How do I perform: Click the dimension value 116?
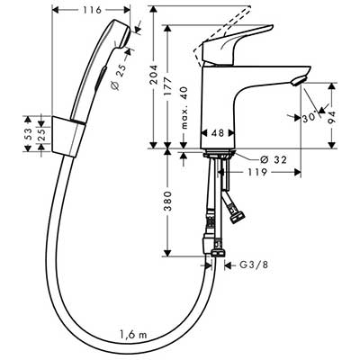point(92,10)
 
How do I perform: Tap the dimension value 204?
point(154,75)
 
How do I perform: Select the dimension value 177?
point(168,86)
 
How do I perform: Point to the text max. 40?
point(184,108)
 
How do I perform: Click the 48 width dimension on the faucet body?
point(218,132)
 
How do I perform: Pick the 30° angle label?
point(310,117)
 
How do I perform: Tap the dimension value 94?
point(331,117)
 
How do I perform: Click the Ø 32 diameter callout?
point(274,159)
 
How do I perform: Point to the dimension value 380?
point(168,201)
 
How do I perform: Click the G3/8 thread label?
point(254,265)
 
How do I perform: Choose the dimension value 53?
point(27,134)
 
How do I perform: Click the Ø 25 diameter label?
point(119,76)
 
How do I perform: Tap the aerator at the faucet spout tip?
point(299,81)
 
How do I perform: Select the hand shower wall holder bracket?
point(67,137)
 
